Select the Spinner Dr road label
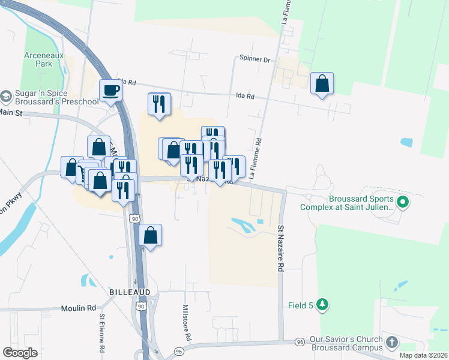[255, 59]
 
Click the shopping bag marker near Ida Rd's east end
[322, 85]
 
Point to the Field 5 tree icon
[323, 305]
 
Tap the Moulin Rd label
[78, 308]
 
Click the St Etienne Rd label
[103, 332]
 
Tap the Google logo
[20, 353]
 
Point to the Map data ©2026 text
[423, 355]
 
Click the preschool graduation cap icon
[6, 97]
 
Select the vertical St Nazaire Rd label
[280, 248]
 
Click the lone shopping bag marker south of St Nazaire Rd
[151, 235]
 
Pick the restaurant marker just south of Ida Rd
[159, 104]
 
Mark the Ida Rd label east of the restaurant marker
[246, 96]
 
